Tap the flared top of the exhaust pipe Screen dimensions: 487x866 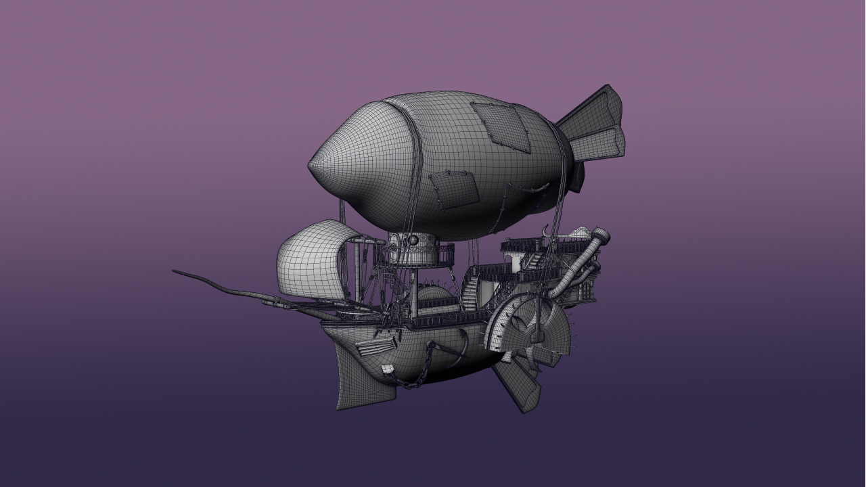(x=601, y=237)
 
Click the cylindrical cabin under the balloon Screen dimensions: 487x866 (x=413, y=250)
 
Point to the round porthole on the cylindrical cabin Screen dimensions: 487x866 (x=412, y=241)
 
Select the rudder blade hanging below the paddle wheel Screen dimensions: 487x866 (x=518, y=386)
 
